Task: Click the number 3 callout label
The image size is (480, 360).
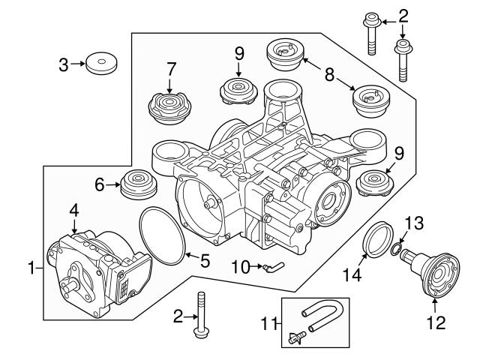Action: click(x=64, y=65)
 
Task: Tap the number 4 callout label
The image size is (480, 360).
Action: click(x=74, y=211)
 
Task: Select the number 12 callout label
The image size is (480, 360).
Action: click(x=435, y=324)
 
